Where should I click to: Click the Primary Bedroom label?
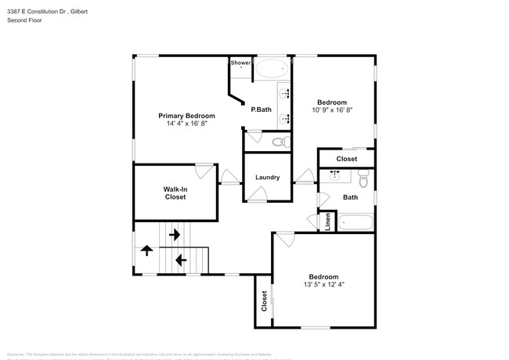(186, 116)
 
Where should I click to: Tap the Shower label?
(240, 63)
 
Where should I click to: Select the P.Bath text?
(261, 110)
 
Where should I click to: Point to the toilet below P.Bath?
(280, 142)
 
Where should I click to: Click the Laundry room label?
(267, 178)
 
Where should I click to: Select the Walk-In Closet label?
(175, 193)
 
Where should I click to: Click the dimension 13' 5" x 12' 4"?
(323, 285)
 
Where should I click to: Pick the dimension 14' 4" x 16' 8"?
(186, 124)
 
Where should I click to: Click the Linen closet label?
(327, 223)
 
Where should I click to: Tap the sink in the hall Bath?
(335, 176)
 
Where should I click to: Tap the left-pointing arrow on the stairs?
(181, 260)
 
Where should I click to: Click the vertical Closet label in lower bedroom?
(264, 301)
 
